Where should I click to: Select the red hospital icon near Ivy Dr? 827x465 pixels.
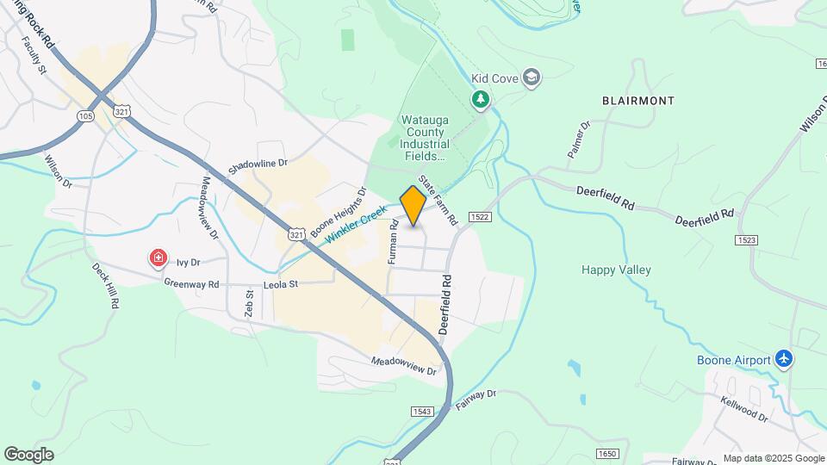158,258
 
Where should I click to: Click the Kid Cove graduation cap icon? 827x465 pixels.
532,78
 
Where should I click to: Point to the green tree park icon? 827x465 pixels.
480,101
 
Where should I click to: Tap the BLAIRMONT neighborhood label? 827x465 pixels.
637,101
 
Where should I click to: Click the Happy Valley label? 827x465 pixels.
616,270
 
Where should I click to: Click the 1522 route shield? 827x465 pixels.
481,217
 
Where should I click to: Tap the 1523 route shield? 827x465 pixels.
746,239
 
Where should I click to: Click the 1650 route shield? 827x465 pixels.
607,453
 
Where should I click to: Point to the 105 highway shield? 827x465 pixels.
85,115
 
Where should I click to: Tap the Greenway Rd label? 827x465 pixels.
191,283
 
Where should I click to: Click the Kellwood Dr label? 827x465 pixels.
744,408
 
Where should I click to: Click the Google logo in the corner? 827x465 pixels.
28,454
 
